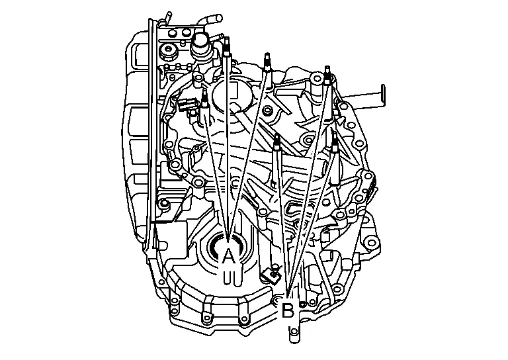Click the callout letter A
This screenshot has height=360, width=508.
coord(229,256)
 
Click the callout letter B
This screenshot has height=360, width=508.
coord(287,310)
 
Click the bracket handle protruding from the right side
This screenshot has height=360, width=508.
coord(366,95)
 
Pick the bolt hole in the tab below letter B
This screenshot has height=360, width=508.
coord(294,332)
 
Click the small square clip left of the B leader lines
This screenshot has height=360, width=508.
coord(270,275)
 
